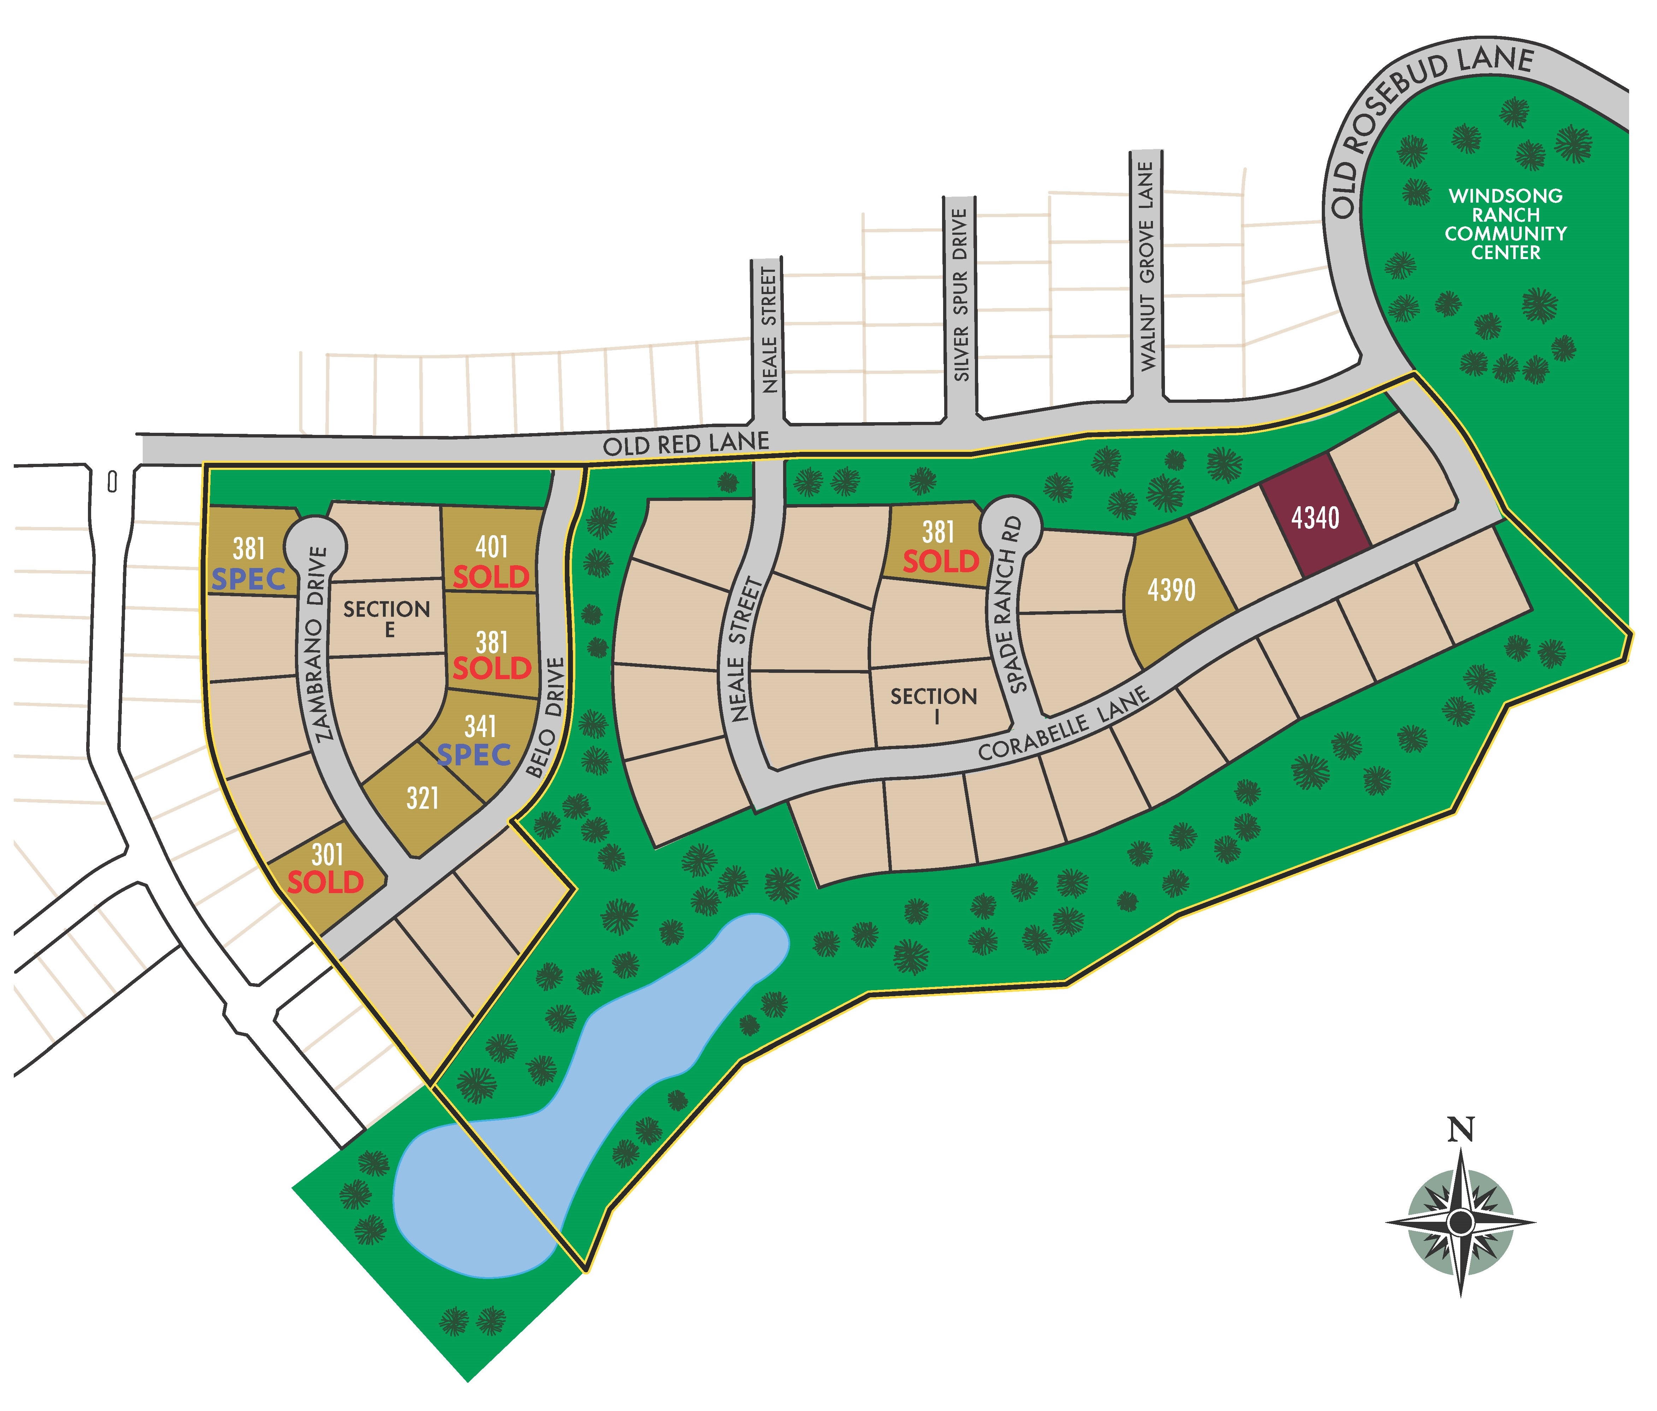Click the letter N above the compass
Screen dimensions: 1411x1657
pyautogui.click(x=1460, y=1129)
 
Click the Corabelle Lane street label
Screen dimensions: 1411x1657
pyautogui.click(x=1064, y=725)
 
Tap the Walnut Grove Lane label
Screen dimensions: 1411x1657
pyautogui.click(x=1148, y=266)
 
